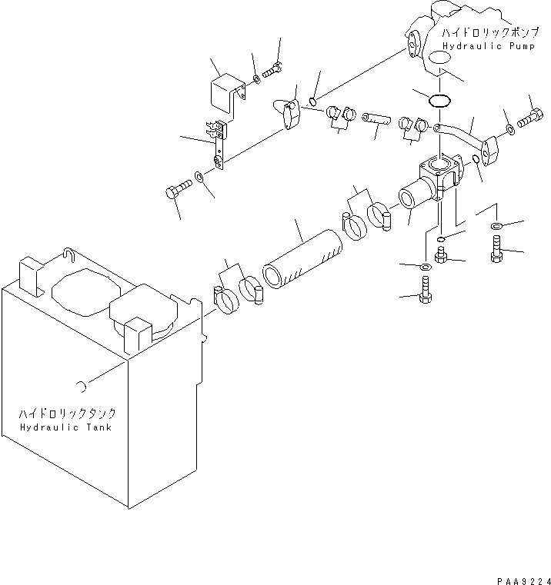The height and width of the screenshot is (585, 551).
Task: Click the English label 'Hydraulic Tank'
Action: click(65, 427)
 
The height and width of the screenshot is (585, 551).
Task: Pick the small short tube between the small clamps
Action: click(375, 121)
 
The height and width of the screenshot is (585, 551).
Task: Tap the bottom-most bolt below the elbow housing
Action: click(424, 294)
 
